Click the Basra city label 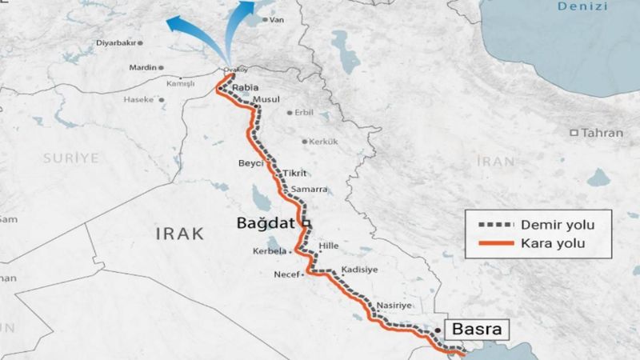click(478, 328)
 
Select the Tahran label click(600, 132)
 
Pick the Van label click(278, 19)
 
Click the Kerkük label click(322, 142)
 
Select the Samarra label click(310, 190)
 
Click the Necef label click(286, 274)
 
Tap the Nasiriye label click(393, 306)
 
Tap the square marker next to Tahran click(574, 132)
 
